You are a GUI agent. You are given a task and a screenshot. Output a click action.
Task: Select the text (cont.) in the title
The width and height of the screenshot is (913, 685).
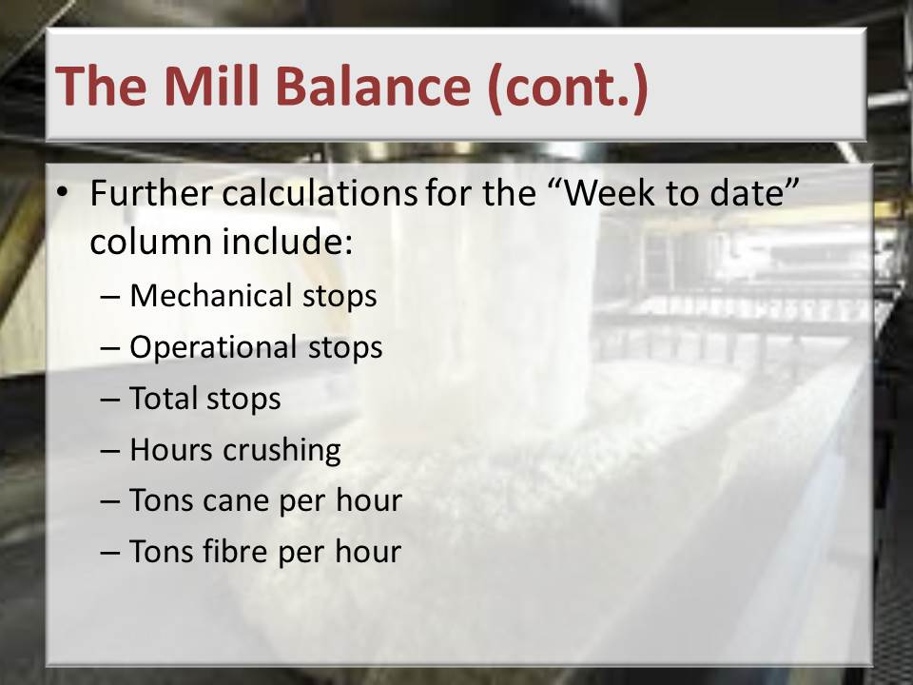click(x=567, y=88)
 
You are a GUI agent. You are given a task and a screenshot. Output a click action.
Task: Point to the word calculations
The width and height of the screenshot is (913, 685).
click(x=320, y=193)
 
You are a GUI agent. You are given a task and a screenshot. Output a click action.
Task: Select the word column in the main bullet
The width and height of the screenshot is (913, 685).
click(x=151, y=241)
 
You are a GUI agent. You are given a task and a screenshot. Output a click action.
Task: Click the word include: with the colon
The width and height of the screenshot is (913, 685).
click(x=287, y=241)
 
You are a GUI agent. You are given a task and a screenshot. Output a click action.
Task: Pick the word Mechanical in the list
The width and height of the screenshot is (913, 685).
click(x=211, y=295)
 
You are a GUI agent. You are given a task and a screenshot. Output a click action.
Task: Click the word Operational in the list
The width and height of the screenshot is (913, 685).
click(x=214, y=347)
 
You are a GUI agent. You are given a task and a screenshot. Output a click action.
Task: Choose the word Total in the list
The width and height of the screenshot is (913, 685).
click(x=163, y=399)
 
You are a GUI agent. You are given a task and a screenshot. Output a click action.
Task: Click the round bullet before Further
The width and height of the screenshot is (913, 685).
click(x=63, y=192)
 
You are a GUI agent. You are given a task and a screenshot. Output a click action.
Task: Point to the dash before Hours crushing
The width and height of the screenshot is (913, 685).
click(x=110, y=451)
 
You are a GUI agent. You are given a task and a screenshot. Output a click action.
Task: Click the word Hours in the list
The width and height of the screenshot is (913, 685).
click(x=171, y=450)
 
